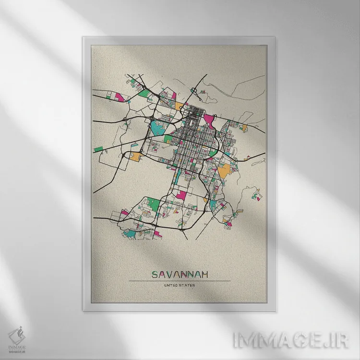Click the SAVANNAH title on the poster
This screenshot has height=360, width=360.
tap(180, 275)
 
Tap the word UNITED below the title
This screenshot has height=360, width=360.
tap(171, 286)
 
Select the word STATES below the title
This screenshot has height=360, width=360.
tap(187, 286)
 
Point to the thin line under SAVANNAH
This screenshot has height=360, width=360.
tap(180, 281)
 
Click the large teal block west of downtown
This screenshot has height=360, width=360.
tap(157, 127)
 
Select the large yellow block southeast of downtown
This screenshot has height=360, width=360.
tap(224, 170)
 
